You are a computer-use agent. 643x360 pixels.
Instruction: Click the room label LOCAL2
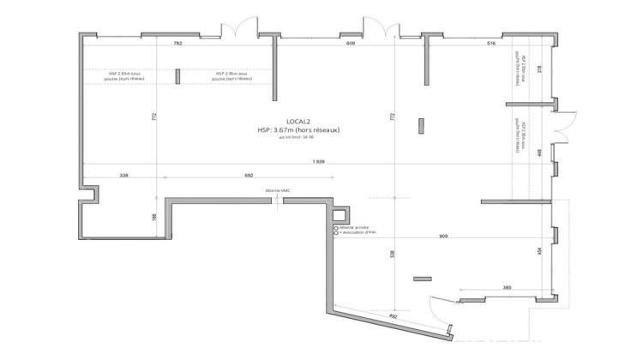pyautogui.click(x=298, y=121)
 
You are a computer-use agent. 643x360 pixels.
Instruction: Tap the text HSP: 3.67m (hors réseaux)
pyautogui.click(x=298, y=130)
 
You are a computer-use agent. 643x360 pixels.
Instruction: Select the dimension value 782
pyautogui.click(x=178, y=42)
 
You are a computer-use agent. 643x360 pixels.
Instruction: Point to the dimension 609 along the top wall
pyautogui.click(x=351, y=42)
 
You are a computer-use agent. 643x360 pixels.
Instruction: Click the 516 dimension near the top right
pyautogui.click(x=491, y=42)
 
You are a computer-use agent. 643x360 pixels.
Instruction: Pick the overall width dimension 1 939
pyautogui.click(x=318, y=163)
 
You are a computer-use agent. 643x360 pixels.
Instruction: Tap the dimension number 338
pyautogui.click(x=123, y=176)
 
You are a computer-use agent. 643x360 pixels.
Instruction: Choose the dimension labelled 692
pyautogui.click(x=249, y=176)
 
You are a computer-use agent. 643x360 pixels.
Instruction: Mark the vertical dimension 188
pyautogui.click(x=153, y=216)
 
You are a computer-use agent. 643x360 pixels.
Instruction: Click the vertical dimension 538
pyautogui.click(x=393, y=254)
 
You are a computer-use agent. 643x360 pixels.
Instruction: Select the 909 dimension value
pyautogui.click(x=443, y=236)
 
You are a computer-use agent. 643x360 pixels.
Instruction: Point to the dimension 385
pyautogui.click(x=507, y=287)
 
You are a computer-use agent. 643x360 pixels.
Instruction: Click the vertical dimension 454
pyautogui.click(x=538, y=250)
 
